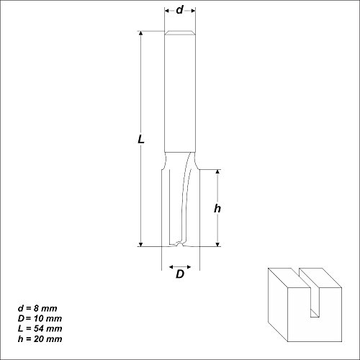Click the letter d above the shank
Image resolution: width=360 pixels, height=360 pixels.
(x=179, y=11)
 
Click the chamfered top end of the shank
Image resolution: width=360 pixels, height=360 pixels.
(x=179, y=34)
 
